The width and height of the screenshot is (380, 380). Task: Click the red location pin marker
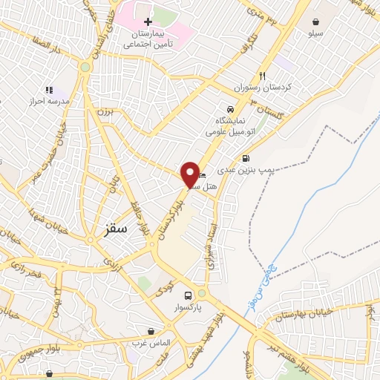190,174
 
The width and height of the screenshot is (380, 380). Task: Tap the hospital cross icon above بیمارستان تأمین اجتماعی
148,22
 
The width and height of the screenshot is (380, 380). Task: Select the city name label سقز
116,229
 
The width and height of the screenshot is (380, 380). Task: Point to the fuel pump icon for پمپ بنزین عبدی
246,158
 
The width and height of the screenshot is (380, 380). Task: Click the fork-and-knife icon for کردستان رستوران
262,76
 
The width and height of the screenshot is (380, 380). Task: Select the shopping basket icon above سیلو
317,22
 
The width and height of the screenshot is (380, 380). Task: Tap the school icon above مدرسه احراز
49,90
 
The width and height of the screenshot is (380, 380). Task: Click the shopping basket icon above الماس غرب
152,331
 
